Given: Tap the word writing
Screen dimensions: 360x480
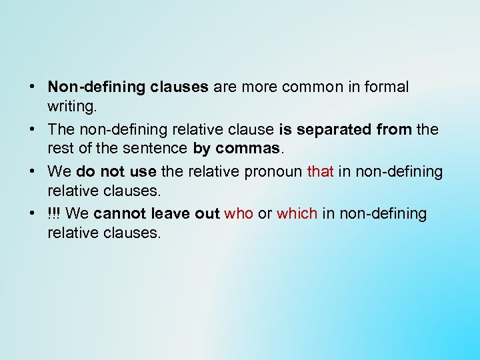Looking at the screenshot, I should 71,105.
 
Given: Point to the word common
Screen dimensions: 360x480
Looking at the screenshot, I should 310,87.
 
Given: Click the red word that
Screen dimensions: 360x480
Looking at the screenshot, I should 320,172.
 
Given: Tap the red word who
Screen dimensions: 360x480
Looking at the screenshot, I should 239,214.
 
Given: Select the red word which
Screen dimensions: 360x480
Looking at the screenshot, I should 297,214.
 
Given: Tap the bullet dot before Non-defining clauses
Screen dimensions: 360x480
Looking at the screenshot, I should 33,87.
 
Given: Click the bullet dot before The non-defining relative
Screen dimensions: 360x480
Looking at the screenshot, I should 33,129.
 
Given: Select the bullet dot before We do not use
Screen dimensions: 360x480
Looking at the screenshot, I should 33,172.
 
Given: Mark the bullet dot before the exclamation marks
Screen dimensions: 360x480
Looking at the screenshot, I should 33,214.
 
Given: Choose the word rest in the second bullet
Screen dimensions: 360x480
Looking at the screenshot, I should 59,147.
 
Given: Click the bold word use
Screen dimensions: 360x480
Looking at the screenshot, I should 143,172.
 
